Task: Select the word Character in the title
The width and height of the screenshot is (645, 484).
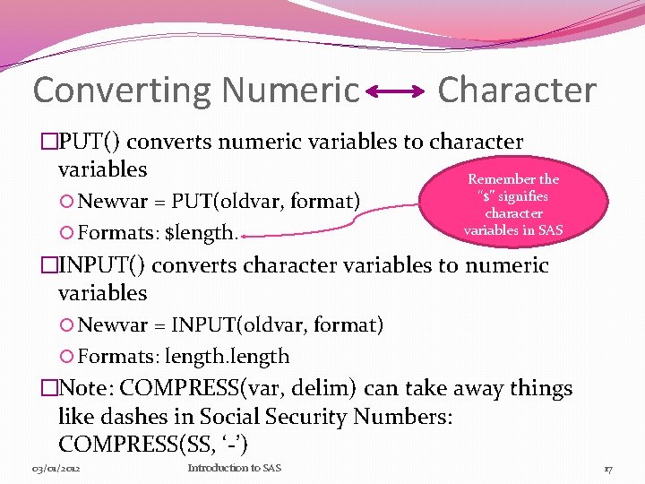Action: point(517,90)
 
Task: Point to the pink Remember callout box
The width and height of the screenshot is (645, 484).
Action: point(513,204)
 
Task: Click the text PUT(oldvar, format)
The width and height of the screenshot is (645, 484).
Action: point(266,200)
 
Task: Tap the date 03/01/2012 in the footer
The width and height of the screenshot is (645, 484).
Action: point(57,468)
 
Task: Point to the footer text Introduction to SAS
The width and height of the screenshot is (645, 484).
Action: point(234,468)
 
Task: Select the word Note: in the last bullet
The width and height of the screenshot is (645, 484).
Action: point(87,388)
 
